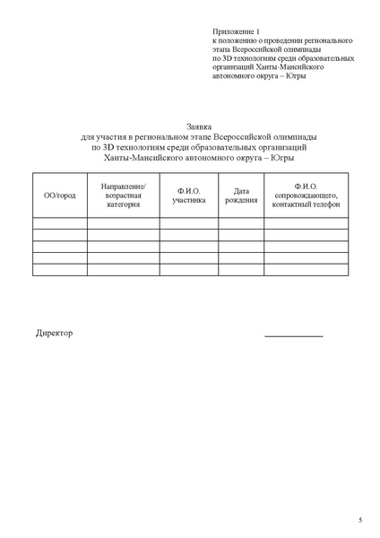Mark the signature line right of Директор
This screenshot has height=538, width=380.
[293, 336]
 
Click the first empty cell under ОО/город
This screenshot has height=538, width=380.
[59, 223]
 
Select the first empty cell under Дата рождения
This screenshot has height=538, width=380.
[241, 223]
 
